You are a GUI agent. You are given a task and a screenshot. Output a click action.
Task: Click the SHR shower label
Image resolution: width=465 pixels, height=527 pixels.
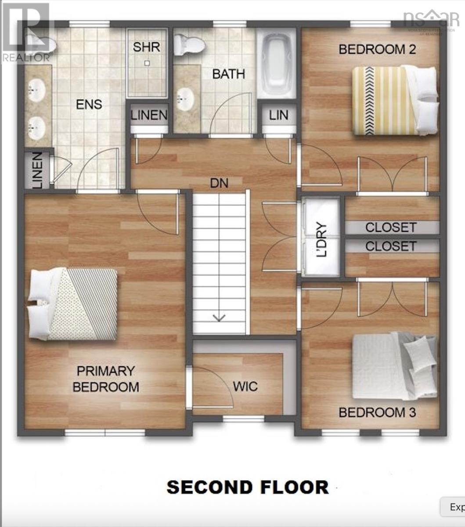[147, 47]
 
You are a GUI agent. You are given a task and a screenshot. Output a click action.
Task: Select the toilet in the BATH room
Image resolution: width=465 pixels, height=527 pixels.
[189, 46]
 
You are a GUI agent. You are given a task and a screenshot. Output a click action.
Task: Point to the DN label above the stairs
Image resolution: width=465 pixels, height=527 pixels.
[219, 183]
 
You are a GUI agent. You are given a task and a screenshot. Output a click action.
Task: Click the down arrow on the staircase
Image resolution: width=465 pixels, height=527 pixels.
[219, 317]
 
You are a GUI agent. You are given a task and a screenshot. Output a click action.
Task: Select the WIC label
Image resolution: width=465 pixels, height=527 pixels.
[245, 387]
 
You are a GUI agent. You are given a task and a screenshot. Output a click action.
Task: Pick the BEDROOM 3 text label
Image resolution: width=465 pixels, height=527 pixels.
[377, 413]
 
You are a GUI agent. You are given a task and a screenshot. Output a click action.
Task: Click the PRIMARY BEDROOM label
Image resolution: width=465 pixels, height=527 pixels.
[106, 379]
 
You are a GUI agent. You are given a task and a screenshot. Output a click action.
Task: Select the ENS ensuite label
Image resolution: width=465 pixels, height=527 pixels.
[89, 105]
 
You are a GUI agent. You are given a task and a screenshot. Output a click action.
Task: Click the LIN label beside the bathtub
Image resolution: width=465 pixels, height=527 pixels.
[279, 115]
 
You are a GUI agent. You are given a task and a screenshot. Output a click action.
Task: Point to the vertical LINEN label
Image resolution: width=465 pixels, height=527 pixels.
[37, 170]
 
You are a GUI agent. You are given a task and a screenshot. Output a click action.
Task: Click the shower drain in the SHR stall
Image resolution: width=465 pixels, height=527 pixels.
[147, 63]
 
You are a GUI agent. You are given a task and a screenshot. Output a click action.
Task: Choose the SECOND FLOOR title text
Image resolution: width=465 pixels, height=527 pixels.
[247, 487]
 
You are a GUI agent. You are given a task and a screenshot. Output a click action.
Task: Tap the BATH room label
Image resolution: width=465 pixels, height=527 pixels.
[228, 74]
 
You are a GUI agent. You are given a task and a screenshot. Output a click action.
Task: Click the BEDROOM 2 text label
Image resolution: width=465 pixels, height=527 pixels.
[377, 49]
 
